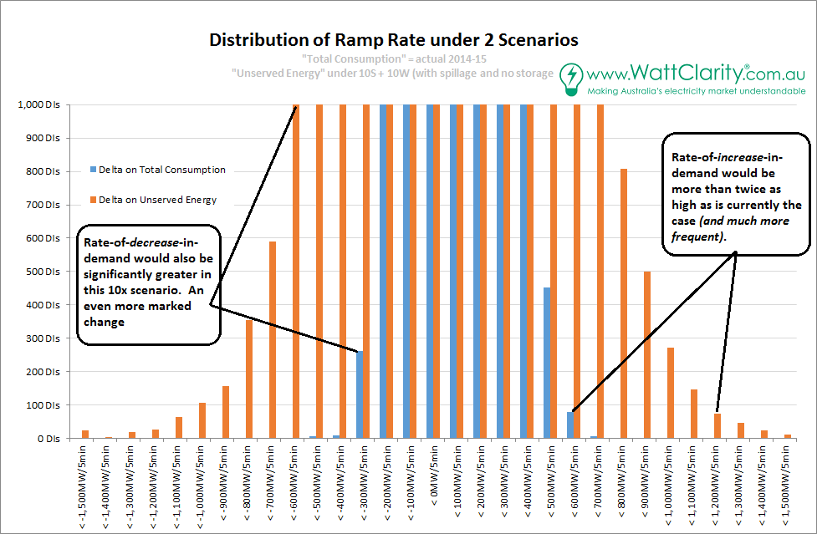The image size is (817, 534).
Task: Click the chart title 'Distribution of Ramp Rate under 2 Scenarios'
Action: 393,40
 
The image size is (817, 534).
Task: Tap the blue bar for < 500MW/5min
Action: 547,363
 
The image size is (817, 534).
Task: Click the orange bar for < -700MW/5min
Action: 273,339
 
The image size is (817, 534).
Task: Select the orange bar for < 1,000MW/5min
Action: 671,393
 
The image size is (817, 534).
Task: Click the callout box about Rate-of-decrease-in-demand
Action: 148,283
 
